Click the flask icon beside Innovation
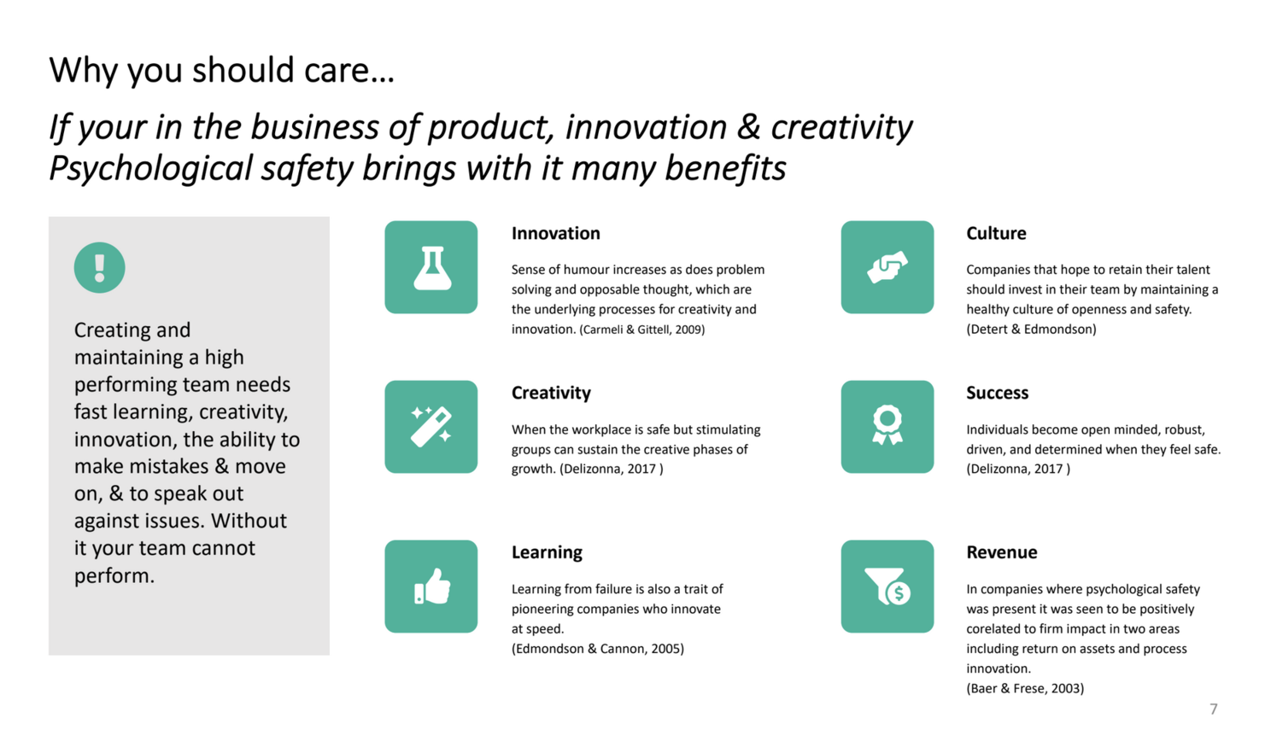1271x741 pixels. click(x=432, y=267)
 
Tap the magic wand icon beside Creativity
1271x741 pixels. click(x=430, y=426)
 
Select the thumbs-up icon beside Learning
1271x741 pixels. click(x=432, y=586)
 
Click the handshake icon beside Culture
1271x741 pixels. click(x=887, y=267)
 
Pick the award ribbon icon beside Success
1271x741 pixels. click(x=887, y=424)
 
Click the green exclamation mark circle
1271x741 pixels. click(x=99, y=267)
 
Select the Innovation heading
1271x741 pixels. click(x=555, y=233)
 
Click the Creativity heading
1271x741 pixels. click(x=551, y=393)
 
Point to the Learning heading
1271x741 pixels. click(x=547, y=552)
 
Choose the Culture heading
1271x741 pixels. click(x=996, y=233)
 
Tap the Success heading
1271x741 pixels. click(x=998, y=393)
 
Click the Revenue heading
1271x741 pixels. click(x=1002, y=552)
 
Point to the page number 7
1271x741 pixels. click(x=1214, y=709)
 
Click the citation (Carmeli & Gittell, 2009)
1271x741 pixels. click(x=641, y=330)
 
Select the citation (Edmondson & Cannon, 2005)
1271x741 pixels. click(x=598, y=649)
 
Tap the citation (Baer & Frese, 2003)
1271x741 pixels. click(x=1025, y=688)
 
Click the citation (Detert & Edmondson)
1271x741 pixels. click(x=1032, y=330)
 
